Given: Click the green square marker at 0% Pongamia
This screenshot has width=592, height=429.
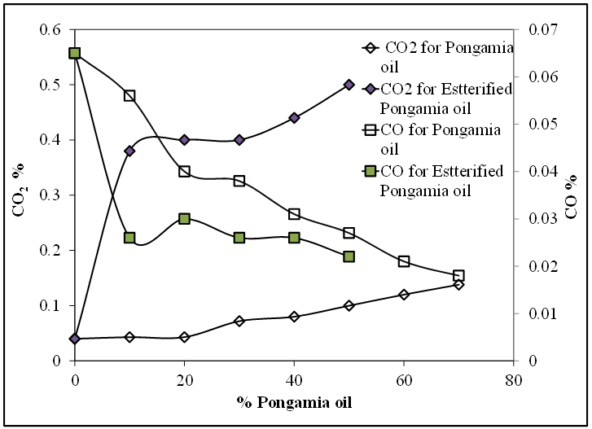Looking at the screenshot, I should click(x=75, y=53).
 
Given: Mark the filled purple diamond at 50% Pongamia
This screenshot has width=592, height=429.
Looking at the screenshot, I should click(x=349, y=85).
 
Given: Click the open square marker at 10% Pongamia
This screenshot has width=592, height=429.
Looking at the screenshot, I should click(x=129, y=95).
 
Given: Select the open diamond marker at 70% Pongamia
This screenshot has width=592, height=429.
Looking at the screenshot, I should click(x=459, y=284).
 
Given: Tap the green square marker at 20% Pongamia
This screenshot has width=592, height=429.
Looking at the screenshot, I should click(x=184, y=219).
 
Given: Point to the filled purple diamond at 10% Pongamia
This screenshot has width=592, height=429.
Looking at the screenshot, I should click(x=129, y=151).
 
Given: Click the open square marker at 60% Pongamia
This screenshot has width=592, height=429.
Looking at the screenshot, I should click(x=404, y=261).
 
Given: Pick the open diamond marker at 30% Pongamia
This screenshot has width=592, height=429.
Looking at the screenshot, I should click(x=239, y=321).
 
